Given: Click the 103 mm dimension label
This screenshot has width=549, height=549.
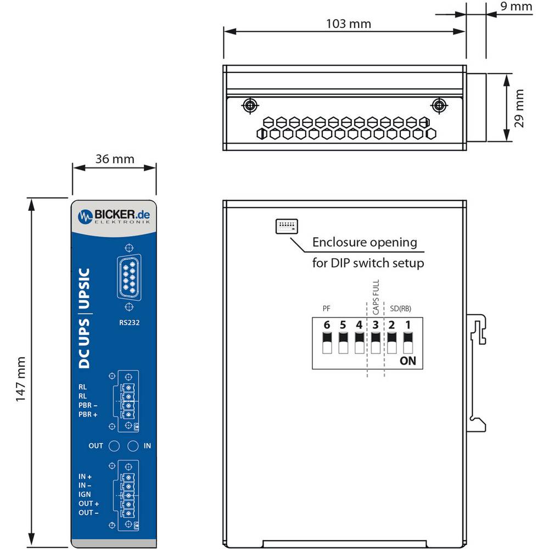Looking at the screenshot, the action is click(349, 24).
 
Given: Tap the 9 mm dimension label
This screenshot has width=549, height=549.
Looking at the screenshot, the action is click(516, 6).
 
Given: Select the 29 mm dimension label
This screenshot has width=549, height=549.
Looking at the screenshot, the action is click(519, 108).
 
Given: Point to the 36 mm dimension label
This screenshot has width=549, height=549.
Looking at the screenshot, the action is click(115, 159).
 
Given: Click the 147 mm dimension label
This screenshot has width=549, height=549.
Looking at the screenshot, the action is click(21, 379).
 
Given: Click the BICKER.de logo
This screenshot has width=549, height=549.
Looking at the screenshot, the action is click(114, 216).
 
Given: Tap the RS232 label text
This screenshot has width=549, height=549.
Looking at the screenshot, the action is click(129, 322).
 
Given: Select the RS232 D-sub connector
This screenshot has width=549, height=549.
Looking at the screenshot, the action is click(129, 277).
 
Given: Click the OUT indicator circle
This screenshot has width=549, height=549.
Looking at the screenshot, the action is click(114, 446).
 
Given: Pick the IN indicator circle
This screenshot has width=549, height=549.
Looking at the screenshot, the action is click(133, 446).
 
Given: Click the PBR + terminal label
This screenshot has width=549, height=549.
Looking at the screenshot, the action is click(88, 414).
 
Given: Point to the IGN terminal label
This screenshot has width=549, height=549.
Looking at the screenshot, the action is click(85, 495).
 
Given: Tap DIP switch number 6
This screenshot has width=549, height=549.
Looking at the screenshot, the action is click(327, 343).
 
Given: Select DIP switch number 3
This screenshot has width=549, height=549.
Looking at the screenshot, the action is click(376, 343).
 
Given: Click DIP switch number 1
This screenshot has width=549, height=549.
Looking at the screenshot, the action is click(408, 343).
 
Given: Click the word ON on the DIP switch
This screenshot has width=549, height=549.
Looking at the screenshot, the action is click(408, 361).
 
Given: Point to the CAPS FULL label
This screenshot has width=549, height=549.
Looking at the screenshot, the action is click(376, 297).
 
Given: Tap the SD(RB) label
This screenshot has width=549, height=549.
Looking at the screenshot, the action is click(401, 309).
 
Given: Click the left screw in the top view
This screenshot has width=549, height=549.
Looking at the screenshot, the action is click(250, 105).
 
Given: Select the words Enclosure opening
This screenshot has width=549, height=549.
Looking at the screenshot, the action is click(365, 242).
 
